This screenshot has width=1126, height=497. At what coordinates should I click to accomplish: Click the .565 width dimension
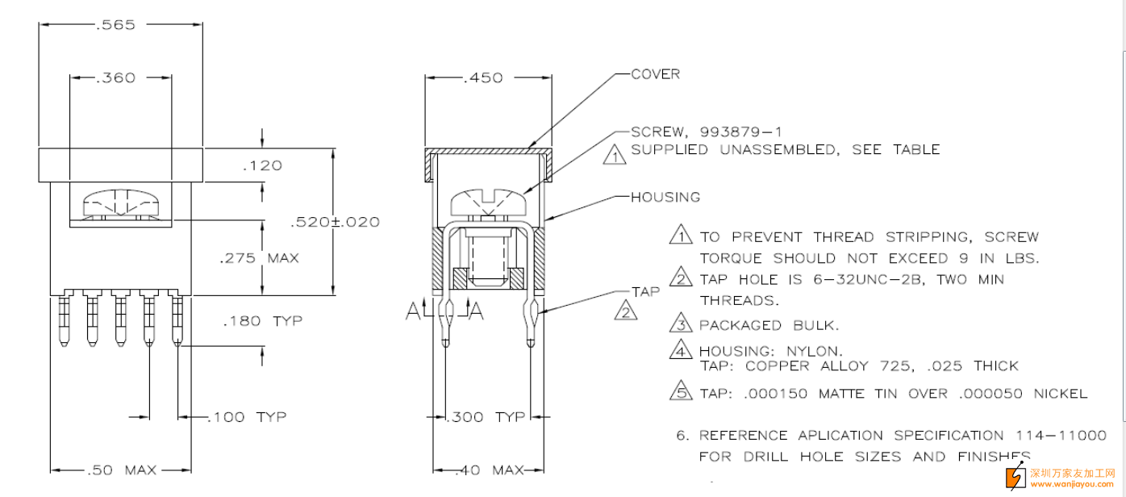pyautogui.click(x=115, y=25)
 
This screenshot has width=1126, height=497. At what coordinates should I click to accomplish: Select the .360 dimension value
pyautogui.click(x=115, y=78)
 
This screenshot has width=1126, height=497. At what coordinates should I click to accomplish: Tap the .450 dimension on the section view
pyautogui.click(x=483, y=78)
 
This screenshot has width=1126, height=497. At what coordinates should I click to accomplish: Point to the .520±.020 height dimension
pyautogui.click(x=335, y=222)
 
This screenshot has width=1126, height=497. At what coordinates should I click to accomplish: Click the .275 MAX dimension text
pyautogui.click(x=259, y=258)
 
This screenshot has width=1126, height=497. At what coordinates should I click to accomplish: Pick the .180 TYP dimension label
pyautogui.click(x=262, y=321)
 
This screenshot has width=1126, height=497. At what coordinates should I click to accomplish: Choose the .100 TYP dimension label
pyautogui.click(x=248, y=417)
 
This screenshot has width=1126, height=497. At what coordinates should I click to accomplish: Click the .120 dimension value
pyautogui.click(x=261, y=165)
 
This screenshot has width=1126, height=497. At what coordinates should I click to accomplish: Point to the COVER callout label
pyautogui.click(x=655, y=74)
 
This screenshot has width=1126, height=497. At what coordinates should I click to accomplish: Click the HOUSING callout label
pyautogui.click(x=665, y=197)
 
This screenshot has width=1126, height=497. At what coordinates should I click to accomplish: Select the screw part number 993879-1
pyautogui.click(x=741, y=132)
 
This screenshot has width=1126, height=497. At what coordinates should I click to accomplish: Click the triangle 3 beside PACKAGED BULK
pyautogui.click(x=682, y=324)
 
